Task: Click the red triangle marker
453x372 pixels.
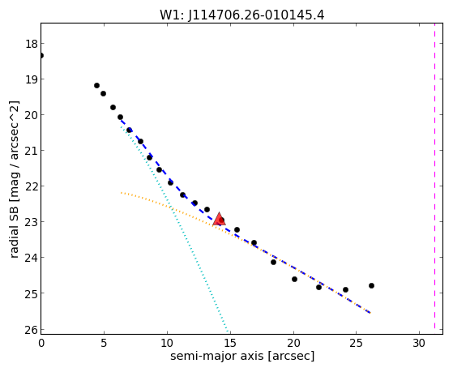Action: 219,219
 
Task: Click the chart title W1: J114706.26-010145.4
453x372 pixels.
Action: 242,15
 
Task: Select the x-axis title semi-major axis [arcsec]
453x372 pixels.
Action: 242,356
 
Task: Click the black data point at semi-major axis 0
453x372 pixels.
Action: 41,55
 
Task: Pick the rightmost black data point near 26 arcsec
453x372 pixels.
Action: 371,285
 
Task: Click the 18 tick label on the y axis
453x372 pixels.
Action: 32,44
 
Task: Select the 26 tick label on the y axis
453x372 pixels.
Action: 32,330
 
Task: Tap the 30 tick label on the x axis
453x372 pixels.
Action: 419,344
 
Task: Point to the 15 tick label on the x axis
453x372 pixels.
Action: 230,344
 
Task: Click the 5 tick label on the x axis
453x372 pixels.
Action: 104,344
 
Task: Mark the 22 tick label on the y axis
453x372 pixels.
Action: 32,186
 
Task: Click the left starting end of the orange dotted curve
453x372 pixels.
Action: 122,193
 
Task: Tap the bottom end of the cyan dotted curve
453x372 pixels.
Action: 229,331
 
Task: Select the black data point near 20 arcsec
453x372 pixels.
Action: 294,280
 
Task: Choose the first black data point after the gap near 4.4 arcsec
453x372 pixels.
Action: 96,86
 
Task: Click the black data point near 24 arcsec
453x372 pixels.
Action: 345,289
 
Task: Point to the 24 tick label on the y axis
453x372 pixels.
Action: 32,258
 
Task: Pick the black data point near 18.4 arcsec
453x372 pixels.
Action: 273,262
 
